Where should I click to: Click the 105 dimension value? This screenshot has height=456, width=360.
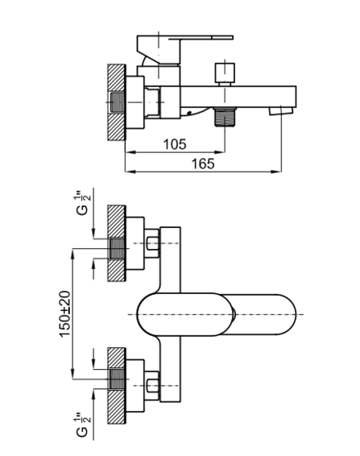(175, 144)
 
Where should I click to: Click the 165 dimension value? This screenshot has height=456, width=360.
(203, 164)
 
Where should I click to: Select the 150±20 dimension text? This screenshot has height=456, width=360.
(65, 313)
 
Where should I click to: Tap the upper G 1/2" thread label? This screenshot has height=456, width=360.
(83, 203)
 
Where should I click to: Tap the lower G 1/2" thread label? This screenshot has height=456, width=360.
(83, 425)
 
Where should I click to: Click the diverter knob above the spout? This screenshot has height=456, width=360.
(225, 74)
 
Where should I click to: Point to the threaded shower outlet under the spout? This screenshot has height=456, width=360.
(225, 117)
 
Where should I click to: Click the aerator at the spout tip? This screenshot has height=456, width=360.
(280, 111)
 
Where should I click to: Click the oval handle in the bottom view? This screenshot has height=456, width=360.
(217, 314)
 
